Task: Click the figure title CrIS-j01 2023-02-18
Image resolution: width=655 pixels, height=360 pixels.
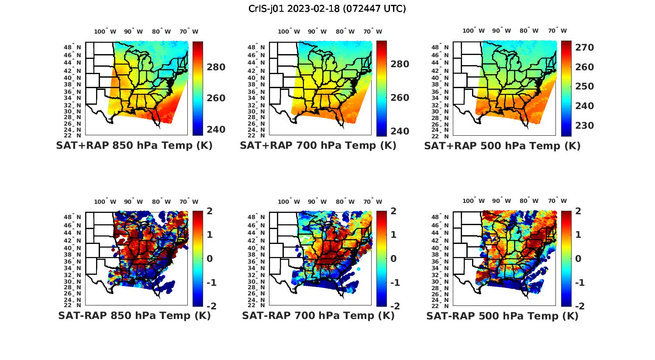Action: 327,9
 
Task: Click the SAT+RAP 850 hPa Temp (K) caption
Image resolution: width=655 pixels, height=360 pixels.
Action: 134,145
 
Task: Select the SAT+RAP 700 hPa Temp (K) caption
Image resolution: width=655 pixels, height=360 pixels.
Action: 318,145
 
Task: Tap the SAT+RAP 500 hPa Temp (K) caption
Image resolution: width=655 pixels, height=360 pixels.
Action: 502,146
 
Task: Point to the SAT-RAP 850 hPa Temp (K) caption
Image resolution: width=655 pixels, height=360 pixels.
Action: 134,315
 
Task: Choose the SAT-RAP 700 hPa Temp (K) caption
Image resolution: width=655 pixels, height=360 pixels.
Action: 318,315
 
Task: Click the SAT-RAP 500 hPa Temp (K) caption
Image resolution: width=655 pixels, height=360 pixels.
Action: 502,316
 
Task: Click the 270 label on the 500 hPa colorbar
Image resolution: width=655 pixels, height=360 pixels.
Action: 584,48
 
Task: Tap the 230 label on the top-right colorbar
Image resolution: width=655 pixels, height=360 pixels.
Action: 584,126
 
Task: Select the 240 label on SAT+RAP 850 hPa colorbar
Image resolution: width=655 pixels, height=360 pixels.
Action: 215,130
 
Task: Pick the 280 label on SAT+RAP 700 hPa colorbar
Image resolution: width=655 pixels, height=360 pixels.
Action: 399,64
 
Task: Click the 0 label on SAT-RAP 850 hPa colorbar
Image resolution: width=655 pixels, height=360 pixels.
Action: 209,259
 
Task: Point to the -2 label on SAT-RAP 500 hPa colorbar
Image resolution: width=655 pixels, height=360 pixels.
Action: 580,306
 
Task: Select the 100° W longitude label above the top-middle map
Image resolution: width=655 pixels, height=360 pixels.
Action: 289,31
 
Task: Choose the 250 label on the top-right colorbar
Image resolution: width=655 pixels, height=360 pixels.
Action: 584,86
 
